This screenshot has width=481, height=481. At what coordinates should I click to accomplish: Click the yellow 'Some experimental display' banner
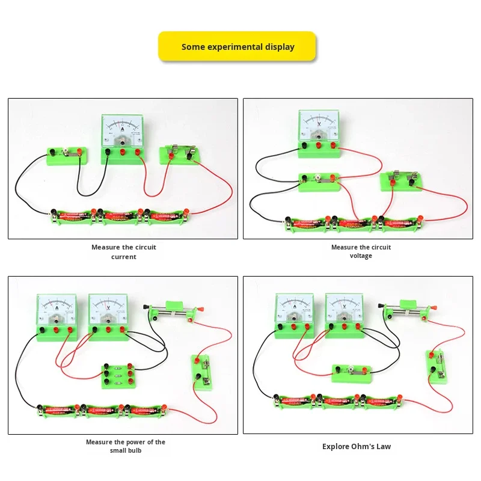pyautogui.click(x=237, y=46)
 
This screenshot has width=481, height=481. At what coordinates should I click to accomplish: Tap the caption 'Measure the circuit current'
pyautogui.click(x=124, y=252)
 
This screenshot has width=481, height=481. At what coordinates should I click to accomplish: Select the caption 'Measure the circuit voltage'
pyautogui.click(x=361, y=251)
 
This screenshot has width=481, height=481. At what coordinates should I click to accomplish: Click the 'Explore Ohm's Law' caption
pyautogui.click(x=357, y=446)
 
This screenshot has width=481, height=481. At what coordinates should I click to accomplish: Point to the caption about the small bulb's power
pyautogui.click(x=126, y=446)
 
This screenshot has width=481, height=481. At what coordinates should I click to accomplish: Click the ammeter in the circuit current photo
pyautogui.click(x=123, y=132)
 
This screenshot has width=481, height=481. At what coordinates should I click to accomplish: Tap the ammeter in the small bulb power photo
pyautogui.click(x=57, y=316)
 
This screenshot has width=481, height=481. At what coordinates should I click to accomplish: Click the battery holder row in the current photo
pyautogui.click(x=117, y=214)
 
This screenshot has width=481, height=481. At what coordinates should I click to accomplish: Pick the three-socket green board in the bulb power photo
pyautogui.click(x=118, y=375)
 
